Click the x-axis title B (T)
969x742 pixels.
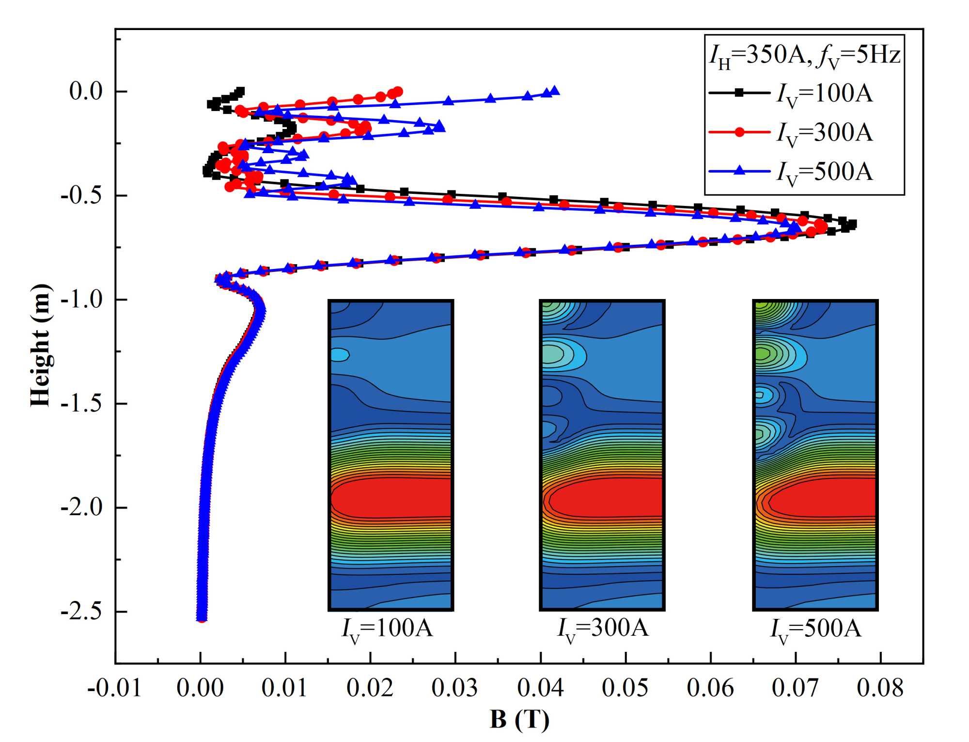[519, 719]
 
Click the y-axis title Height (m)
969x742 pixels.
[41, 345]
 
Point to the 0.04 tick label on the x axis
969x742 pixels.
[540, 688]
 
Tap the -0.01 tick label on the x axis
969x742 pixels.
[114, 688]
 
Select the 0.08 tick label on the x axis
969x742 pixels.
[880, 688]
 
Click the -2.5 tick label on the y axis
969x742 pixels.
[82, 612]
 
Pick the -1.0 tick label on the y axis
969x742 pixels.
[82, 300]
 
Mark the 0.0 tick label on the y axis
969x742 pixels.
[86, 91]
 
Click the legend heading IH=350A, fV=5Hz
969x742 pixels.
[805, 55]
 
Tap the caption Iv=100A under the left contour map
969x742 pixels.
[387, 629]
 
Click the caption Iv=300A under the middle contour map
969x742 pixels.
[603, 629]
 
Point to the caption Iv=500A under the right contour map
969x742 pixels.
[816, 629]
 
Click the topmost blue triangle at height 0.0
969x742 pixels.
[555, 91]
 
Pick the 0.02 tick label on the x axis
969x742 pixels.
[370, 688]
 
